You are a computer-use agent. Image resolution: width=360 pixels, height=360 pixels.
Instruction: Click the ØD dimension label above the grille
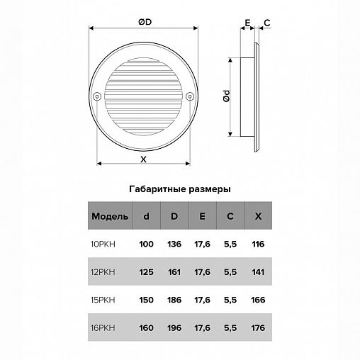coord(145,22)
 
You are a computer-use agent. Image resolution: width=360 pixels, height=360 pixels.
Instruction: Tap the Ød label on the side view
coord(226,96)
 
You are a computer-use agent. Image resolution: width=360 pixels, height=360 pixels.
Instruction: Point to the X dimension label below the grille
coord(143,159)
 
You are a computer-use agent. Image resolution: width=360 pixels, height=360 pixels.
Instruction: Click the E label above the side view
coord(247,23)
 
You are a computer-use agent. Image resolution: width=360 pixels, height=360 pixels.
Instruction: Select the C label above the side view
coord(267,23)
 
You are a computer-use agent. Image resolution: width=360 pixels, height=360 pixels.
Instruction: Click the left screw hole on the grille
coord(97,96)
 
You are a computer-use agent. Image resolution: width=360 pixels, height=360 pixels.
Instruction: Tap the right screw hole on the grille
coord(190,96)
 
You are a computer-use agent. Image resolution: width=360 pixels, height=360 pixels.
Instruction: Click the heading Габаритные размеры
coord(180,189)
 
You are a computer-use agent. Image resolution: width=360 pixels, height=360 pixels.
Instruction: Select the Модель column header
coord(110,216)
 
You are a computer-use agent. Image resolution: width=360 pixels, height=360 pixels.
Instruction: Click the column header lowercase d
coord(147,216)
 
